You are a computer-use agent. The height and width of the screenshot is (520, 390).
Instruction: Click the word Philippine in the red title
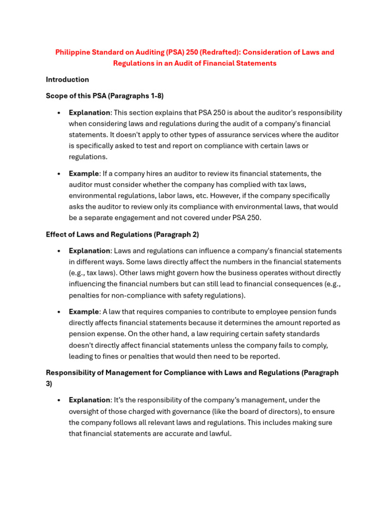[72, 52]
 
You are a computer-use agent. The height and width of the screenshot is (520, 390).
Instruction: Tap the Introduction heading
[67, 79]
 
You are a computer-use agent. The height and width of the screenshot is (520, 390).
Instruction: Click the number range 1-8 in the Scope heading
[153, 95]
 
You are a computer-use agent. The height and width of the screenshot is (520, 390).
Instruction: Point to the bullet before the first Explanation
[59, 113]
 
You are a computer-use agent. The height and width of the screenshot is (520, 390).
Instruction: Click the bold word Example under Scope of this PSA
[84, 174]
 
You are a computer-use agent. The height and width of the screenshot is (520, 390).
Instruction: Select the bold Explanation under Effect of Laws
[89, 251]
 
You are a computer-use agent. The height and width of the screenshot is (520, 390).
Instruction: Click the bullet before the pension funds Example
[59, 312]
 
